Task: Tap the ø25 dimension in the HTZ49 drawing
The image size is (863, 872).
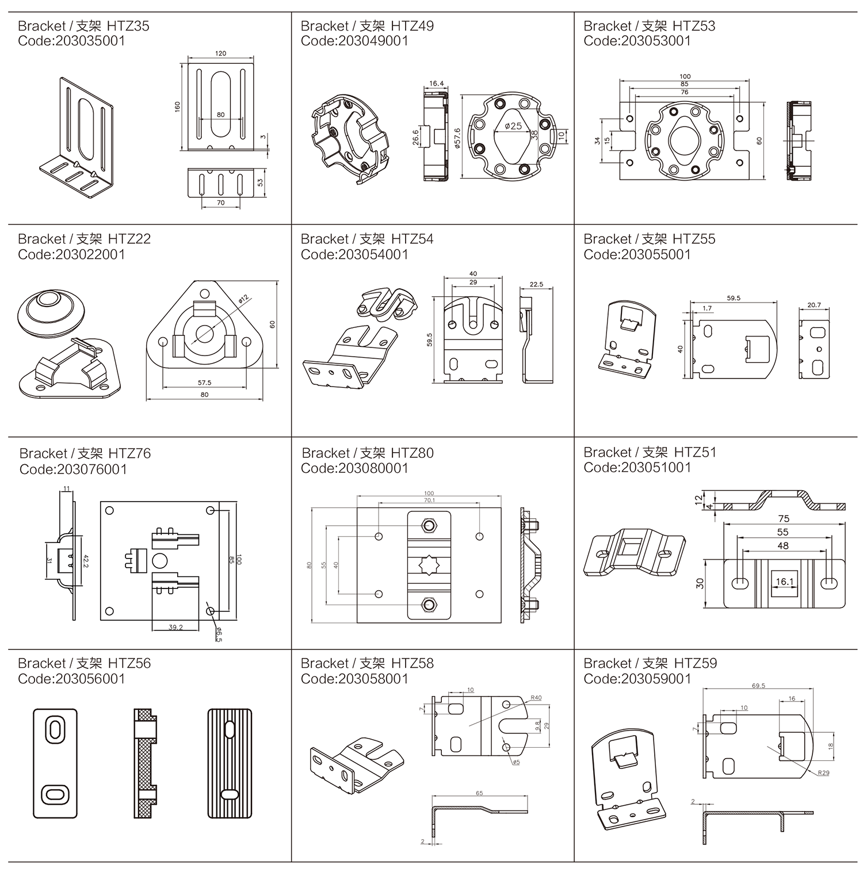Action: (x=512, y=126)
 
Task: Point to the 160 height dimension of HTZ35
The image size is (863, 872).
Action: (x=177, y=107)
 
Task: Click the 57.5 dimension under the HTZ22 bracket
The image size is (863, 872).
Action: (x=204, y=383)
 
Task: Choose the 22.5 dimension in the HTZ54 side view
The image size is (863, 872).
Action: (x=536, y=284)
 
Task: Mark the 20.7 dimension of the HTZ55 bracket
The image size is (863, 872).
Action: (x=814, y=305)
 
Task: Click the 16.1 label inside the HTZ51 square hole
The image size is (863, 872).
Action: (x=784, y=582)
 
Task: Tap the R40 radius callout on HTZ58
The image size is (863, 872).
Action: (x=536, y=698)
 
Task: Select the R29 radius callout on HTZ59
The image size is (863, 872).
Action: (x=823, y=772)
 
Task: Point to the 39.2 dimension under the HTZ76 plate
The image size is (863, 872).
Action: (x=175, y=627)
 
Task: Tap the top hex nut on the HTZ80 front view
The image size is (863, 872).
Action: (x=429, y=525)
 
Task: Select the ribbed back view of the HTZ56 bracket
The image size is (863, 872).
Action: (x=230, y=763)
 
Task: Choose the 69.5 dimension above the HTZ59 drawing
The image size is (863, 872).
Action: (x=758, y=686)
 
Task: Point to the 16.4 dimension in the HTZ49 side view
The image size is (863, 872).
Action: (x=436, y=83)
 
